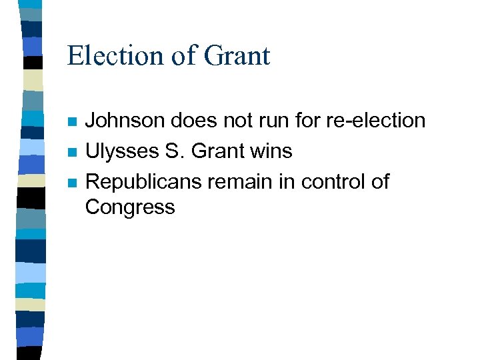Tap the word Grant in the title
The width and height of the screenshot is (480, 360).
237,55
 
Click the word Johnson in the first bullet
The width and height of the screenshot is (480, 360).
125,121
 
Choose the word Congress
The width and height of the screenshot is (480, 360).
130,207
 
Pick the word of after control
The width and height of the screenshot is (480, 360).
378,181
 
